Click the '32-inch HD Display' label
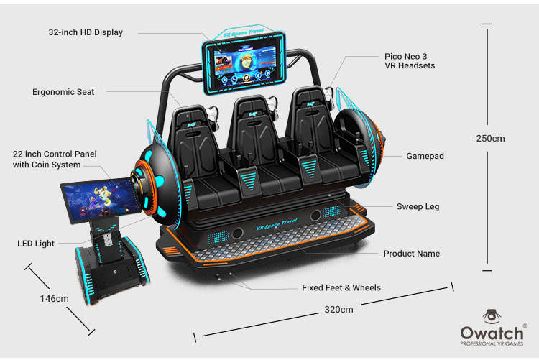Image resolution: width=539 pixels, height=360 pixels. coord(86,32)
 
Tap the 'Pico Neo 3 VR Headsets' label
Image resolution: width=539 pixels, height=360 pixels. coord(409,60)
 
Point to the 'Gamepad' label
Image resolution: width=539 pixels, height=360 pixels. coord(425,156)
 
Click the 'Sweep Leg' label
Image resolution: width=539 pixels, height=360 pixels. coord(418,206)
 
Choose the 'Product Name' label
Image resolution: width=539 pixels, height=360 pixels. coord(411,254)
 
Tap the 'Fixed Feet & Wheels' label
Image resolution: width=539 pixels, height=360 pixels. coord(341,287)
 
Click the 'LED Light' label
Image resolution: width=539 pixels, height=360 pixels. coord(36,244)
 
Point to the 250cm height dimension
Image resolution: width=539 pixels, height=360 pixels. coord(490,139)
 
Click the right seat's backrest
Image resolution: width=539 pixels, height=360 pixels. coord(309,124)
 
